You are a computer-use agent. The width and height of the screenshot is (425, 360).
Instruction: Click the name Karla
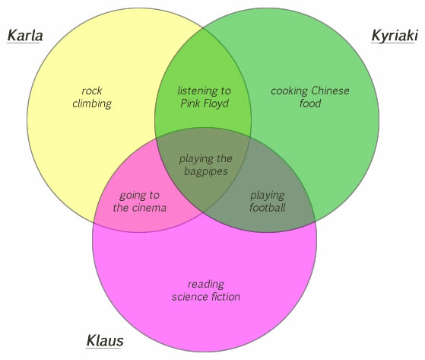pos(25,36)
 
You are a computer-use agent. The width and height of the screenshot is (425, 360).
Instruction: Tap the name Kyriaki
pos(395,37)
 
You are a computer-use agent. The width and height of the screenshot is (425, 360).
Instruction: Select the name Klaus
pos(105,341)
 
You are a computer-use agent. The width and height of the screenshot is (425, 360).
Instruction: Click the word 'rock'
pos(92,91)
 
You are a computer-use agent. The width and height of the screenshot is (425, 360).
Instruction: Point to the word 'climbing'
pos(92,104)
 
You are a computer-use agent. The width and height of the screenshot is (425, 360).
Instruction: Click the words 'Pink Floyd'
pos(205,104)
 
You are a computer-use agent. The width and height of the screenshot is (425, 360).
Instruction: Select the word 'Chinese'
pos(330,91)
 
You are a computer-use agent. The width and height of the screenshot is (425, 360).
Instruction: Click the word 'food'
pos(310,104)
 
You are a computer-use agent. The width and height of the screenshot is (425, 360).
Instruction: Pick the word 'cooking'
pos(289,91)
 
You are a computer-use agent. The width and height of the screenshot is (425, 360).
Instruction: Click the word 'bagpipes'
pos(206,172)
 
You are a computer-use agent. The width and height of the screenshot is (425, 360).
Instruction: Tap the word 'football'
pos(268,208)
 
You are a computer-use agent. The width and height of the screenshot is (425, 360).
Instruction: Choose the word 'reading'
pos(206,285)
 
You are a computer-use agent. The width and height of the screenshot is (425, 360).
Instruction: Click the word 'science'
pos(190,297)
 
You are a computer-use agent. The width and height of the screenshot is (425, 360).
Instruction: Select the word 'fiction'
pos(226,297)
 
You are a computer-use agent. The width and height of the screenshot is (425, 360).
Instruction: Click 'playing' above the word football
pos(268,196)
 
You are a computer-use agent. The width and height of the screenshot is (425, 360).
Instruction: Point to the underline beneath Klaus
pos(103,348)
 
